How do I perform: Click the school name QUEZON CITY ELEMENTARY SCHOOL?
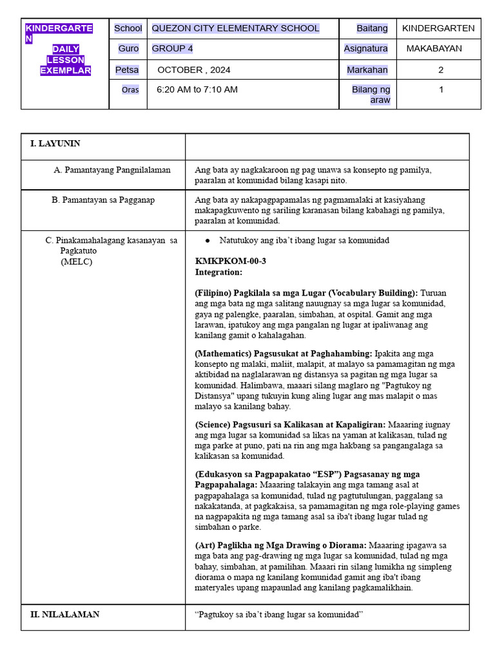(235, 28)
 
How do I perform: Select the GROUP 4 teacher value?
(172, 49)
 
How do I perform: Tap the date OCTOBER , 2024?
(193, 70)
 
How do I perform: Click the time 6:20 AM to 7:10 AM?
(197, 89)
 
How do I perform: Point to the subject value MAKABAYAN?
(434, 49)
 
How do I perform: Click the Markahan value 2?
(441, 70)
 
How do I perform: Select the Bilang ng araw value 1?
(441, 89)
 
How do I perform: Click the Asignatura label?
(366, 49)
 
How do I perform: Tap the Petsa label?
(127, 70)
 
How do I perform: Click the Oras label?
(130, 90)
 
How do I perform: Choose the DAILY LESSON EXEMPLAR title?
(65, 60)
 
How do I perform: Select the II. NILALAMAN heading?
(64, 615)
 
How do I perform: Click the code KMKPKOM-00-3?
(230, 261)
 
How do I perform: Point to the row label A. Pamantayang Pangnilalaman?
(112, 170)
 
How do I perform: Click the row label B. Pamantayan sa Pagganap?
(103, 200)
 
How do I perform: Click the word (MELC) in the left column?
(77, 262)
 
